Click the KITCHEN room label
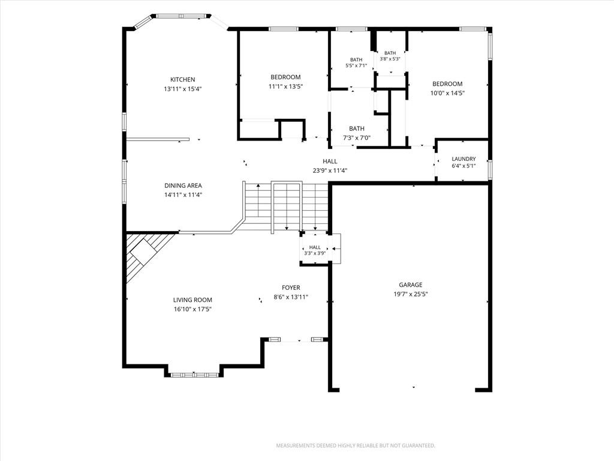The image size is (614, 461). pyautogui.click(x=182, y=80)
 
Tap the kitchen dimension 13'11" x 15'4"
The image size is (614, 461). pyautogui.click(x=182, y=89)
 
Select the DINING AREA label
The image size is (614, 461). pyautogui.click(x=183, y=185)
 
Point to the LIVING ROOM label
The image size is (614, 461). pyautogui.click(x=192, y=300)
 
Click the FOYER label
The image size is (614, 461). pyautogui.click(x=291, y=288)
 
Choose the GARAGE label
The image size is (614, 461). pyautogui.click(x=411, y=285)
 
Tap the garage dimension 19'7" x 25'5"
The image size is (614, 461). pyautogui.click(x=411, y=294)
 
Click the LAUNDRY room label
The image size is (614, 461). pyautogui.click(x=463, y=158)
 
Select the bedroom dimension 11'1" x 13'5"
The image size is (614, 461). pyautogui.click(x=286, y=86)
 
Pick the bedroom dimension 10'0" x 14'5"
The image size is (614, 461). pyautogui.click(x=447, y=93)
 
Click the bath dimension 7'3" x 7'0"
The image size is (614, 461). pyautogui.click(x=357, y=138)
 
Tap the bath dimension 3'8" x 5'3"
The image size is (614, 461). pyautogui.click(x=390, y=59)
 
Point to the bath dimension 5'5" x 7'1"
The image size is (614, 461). pyautogui.click(x=356, y=65)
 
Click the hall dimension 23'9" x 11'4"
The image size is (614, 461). pyautogui.click(x=330, y=170)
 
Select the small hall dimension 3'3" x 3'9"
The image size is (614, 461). pyautogui.click(x=315, y=253)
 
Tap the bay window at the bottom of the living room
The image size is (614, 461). pyautogui.click(x=194, y=375)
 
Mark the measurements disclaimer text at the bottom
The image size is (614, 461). pyautogui.click(x=356, y=446)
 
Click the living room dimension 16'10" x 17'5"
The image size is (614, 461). pyautogui.click(x=192, y=309)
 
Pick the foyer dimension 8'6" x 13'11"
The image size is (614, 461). pyautogui.click(x=291, y=297)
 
